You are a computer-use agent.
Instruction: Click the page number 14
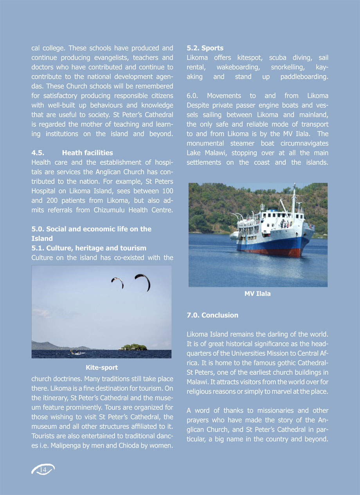coord(43,469)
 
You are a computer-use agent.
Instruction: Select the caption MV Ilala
coord(257,294)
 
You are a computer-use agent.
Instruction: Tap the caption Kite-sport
coord(102,367)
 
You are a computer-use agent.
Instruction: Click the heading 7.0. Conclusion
coord(212,315)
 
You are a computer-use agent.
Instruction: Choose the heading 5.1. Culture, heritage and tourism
coord(89,248)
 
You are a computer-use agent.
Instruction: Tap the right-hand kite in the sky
coord(143,281)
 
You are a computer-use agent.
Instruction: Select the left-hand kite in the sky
coord(118,282)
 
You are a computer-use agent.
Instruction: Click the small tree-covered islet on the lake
coord(133,347)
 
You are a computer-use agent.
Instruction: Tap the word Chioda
coord(133,446)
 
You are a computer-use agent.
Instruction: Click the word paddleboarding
coord(304,77)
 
